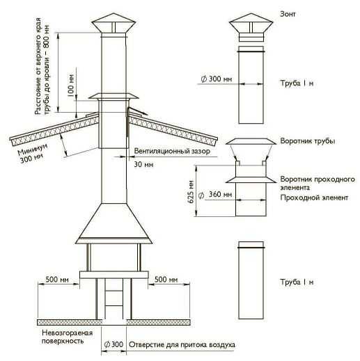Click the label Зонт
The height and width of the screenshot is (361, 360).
point(288,14)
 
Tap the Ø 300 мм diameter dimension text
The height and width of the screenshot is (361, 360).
point(217,79)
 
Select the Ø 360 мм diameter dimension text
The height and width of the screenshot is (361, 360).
point(215,194)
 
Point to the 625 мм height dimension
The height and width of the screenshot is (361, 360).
point(191,191)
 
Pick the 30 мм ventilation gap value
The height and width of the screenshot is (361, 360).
point(143,164)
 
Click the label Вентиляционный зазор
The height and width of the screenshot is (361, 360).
point(172,151)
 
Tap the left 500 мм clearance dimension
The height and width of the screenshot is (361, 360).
point(57,280)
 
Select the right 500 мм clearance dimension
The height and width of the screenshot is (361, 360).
point(166,280)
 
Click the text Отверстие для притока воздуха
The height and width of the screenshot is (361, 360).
point(182,344)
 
